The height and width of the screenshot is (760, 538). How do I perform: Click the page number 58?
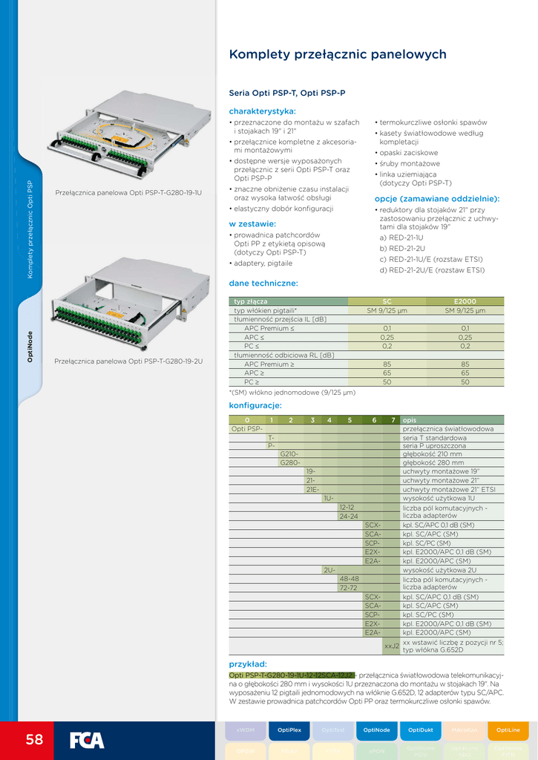[x=34, y=739]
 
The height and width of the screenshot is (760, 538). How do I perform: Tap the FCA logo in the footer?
[x=87, y=740]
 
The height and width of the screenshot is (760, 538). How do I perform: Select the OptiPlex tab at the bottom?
[x=289, y=730]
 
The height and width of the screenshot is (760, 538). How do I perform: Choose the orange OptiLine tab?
[x=508, y=730]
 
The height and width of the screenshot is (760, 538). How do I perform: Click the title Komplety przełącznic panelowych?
[x=338, y=54]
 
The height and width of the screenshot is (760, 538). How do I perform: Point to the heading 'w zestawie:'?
[x=252, y=223]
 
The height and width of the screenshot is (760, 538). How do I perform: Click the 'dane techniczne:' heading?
[x=263, y=283]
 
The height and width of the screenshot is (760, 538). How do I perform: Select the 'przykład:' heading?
[x=248, y=664]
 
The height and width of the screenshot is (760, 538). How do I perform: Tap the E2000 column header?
[x=465, y=301]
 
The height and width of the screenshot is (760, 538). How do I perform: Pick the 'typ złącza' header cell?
[x=251, y=301]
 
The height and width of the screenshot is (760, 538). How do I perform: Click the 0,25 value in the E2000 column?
[x=465, y=337]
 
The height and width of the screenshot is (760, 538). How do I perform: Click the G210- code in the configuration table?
[x=289, y=454]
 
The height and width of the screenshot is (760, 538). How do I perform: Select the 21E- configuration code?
[x=312, y=489]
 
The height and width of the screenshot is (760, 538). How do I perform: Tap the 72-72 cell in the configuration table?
[x=349, y=587]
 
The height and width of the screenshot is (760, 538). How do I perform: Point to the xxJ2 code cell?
[x=391, y=646]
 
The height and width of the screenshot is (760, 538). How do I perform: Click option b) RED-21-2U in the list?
[x=402, y=248]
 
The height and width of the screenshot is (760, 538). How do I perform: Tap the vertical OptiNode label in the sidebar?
[x=30, y=347]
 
